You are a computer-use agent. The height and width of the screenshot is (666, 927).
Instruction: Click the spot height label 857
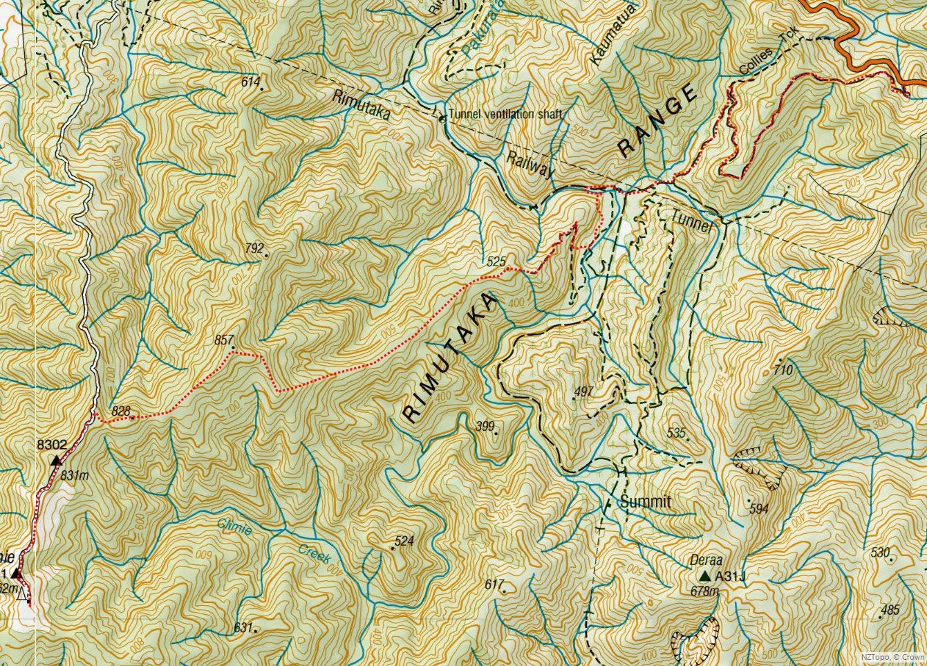coord(224,340)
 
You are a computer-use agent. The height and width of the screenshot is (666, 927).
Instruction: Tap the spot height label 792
coord(254,248)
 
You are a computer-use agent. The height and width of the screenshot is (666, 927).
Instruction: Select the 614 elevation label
coord(251,82)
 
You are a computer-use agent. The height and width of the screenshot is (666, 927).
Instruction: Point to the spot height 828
coord(121,411)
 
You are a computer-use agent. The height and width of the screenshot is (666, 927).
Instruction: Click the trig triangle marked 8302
coord(55,460)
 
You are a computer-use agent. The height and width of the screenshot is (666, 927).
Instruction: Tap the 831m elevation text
coord(75,475)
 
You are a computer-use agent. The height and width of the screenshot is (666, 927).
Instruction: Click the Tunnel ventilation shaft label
coord(505,115)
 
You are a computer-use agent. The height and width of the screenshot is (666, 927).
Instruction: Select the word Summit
coord(645,502)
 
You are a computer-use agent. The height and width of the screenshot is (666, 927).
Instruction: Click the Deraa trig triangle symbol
coord(704,576)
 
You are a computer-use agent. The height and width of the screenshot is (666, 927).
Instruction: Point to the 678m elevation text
coord(705,591)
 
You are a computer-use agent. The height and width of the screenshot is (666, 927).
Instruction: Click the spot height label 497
coord(583,392)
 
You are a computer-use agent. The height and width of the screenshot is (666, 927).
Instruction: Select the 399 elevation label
coord(486,427)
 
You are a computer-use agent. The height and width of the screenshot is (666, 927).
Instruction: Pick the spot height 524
coord(404,541)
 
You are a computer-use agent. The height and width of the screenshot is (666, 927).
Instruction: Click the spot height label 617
coord(494,584)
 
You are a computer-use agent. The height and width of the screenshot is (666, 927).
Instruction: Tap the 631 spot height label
coord(243,627)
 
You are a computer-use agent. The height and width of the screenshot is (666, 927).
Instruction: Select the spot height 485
coord(890,610)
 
